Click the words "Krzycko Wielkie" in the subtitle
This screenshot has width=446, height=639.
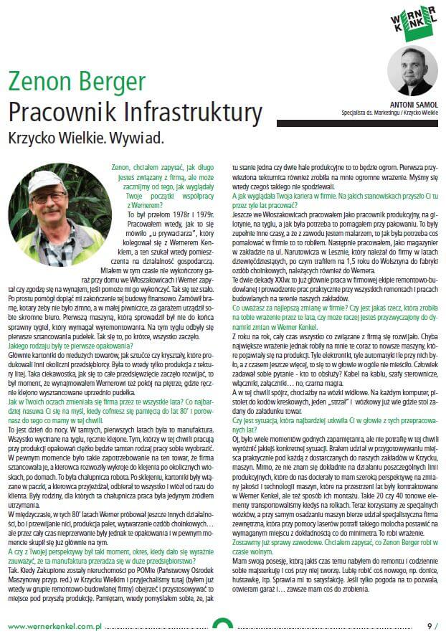[x=54, y=136]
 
